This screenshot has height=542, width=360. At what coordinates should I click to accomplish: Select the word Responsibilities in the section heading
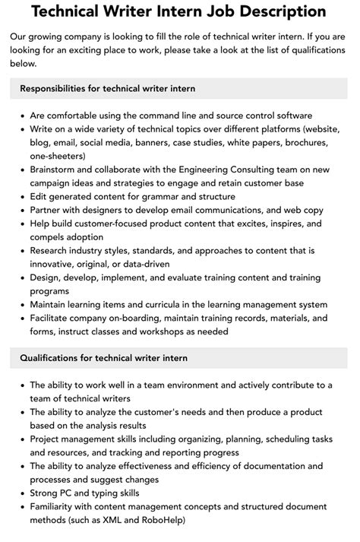point(58,88)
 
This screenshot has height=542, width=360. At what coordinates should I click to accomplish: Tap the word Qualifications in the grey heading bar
point(53,357)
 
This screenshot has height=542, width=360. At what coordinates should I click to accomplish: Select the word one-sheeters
point(58,155)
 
